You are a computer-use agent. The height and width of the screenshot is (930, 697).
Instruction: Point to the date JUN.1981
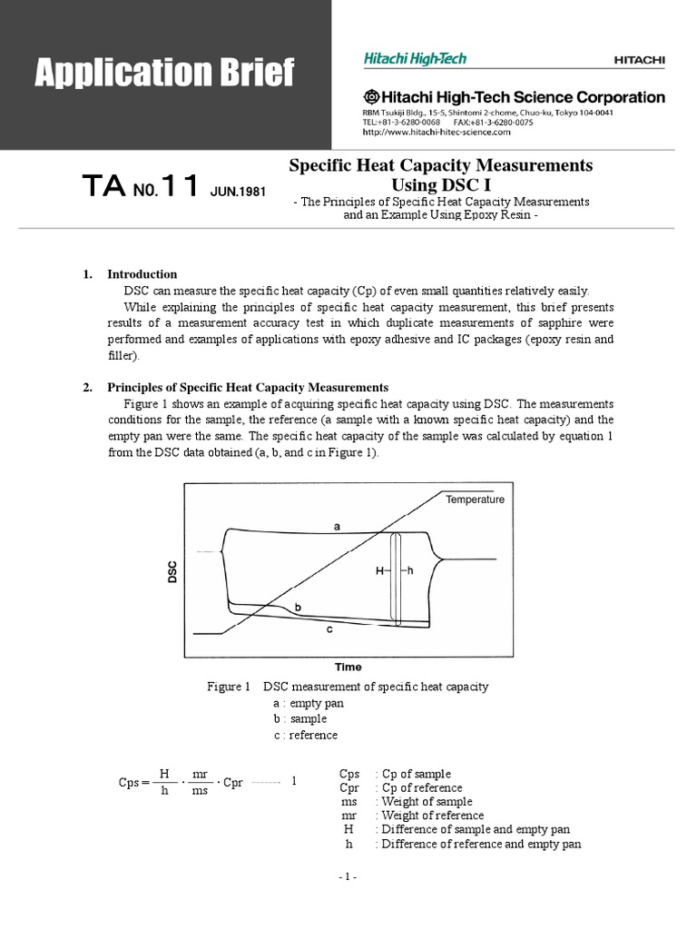pyautogui.click(x=239, y=193)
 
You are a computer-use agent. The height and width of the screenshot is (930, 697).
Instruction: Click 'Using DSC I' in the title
pyautogui.click(x=440, y=184)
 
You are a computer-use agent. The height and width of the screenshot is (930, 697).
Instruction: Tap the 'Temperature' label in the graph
pyautogui.click(x=475, y=500)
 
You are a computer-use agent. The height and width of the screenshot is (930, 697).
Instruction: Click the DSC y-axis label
pyautogui.click(x=172, y=572)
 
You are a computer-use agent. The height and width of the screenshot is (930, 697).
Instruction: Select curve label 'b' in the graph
pyautogui.click(x=298, y=606)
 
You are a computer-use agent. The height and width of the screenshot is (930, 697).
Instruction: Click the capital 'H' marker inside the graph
pyautogui.click(x=379, y=570)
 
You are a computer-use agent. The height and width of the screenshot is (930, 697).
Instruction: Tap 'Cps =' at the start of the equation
pyautogui.click(x=134, y=782)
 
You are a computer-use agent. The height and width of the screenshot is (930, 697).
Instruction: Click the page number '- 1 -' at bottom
pyautogui.click(x=348, y=876)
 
